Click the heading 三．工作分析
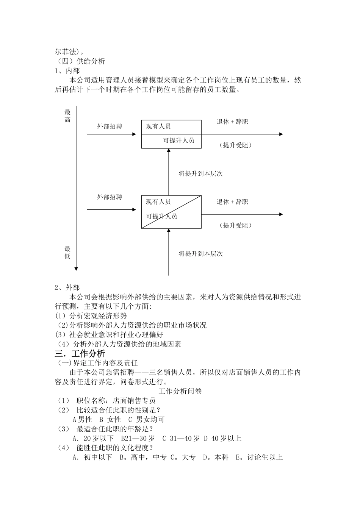point(80,354)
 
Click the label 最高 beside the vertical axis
point(67,116)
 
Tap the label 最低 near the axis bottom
point(67,253)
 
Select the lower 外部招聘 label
point(110,197)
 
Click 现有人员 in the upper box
point(158,126)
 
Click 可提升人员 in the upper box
point(178,141)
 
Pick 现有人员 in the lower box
point(158,202)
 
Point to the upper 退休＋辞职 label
point(232,122)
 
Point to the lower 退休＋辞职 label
point(232,202)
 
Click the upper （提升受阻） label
point(235,145)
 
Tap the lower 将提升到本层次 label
point(200,253)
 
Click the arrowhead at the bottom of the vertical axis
point(76,269)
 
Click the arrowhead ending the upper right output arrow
point(281,134)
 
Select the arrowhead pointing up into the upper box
point(169,150)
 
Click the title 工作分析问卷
point(180,391)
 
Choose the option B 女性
point(110,420)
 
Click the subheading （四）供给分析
point(81,61)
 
